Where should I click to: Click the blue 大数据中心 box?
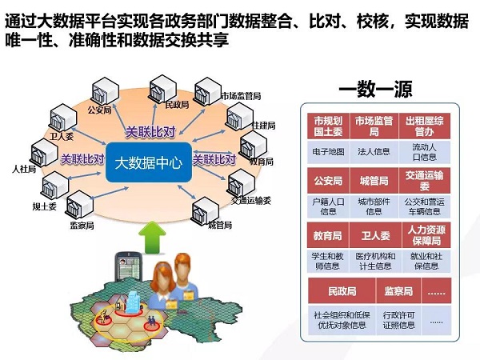coord(149,162)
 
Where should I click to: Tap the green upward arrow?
coord(152,238)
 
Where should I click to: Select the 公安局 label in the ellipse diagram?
coord(99,110)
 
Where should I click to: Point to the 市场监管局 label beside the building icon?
coord(241,96)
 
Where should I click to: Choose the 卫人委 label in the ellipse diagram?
coord(62,136)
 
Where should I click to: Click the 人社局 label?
coord(24,169)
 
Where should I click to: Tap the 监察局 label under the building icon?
coord(82,226)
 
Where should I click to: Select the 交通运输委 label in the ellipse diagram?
coord(251,201)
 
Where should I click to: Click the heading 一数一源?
coord(375,89)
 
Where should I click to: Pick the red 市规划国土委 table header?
coord(328,126)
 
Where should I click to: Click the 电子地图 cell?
coord(328,152)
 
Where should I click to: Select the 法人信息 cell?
coord(374,152)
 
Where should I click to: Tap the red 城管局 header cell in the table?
coord(374,181)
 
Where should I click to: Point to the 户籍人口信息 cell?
coord(328,206)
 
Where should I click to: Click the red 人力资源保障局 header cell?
coord(426,235)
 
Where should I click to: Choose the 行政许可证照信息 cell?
coord(398,320)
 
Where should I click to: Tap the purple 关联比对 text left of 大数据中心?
coord(82,159)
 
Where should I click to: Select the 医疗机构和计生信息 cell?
coord(375,261)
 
